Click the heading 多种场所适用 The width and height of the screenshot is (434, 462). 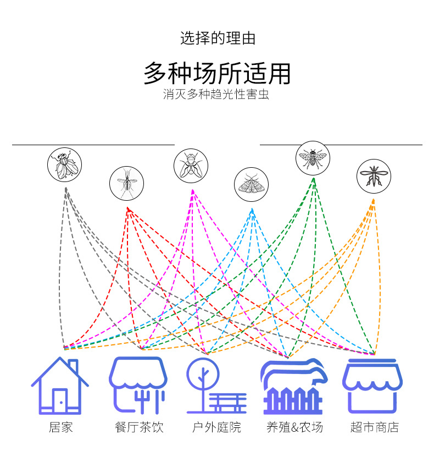tap(217, 74)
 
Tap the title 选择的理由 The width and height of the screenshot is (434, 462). tap(218, 38)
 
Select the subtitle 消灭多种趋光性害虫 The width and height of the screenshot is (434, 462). tap(216, 95)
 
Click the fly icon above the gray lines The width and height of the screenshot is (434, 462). tap(64, 164)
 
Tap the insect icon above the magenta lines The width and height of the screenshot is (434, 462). tap(191, 166)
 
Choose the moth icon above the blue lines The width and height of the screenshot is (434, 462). tap(251, 184)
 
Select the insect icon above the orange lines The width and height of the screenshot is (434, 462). tap(374, 176)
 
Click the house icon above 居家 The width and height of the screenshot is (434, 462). tap(60, 386)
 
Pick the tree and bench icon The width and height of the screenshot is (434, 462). tap(215, 386)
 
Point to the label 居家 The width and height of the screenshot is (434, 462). tap(60, 427)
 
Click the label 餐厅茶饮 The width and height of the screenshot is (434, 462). tap(139, 427)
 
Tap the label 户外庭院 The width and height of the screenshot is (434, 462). tap(216, 427)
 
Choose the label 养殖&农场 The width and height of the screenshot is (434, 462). tap(294, 427)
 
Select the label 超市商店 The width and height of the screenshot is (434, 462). tap(374, 427)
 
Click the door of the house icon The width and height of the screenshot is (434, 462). tap(60, 400)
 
